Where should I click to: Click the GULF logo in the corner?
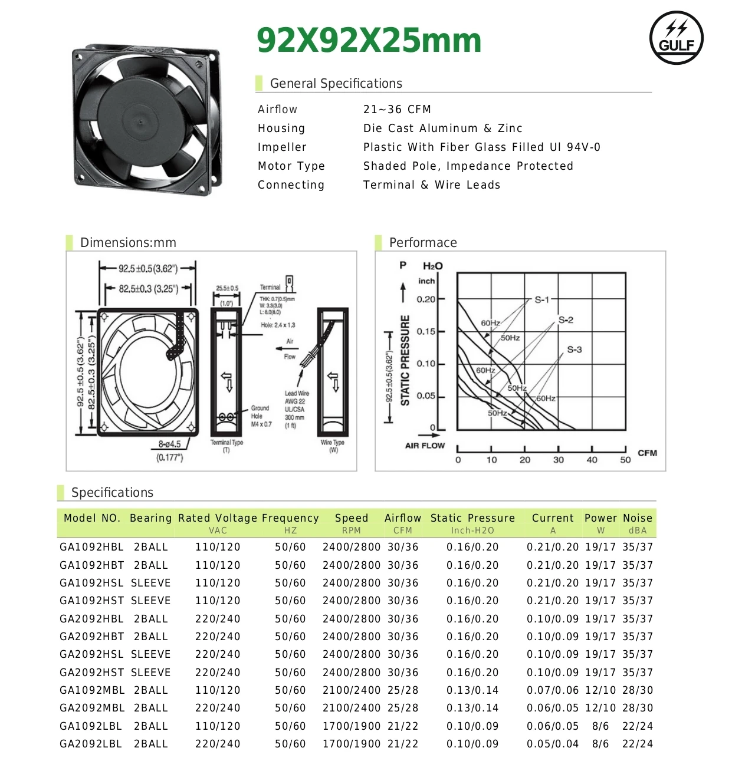pos(676,38)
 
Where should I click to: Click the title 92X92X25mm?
pos(369,41)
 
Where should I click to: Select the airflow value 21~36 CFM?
pos(397,110)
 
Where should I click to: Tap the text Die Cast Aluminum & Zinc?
pos(442,128)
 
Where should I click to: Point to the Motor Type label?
pos(291,166)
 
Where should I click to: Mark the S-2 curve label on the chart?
pos(566,320)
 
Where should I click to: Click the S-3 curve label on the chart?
pos(574,350)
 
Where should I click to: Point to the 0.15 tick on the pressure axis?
pos(426,331)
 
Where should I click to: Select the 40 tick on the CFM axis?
pos(592,460)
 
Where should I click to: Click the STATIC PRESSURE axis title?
pos(405,360)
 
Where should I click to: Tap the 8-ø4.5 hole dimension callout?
pos(169,444)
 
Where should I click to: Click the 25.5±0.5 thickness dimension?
pos(227,288)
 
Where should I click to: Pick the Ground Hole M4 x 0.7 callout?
pos(260,416)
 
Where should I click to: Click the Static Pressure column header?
pos(472,518)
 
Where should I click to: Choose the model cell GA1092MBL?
pos(92,690)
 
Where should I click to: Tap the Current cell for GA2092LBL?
pos(552,744)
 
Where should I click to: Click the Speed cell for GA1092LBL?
pos(351,726)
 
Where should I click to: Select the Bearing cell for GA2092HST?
pos(150,673)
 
